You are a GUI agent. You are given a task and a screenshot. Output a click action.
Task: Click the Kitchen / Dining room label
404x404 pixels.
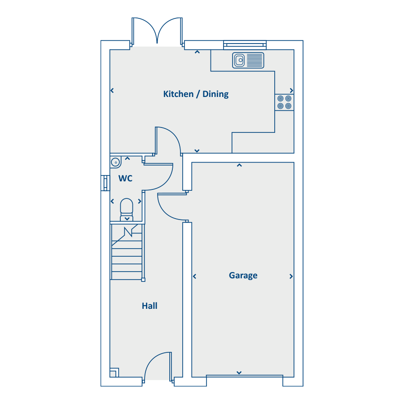(x=196, y=94)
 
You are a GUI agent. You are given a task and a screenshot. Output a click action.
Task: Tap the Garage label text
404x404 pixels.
(x=243, y=276)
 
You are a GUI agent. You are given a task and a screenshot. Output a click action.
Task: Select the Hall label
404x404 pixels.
(x=149, y=306)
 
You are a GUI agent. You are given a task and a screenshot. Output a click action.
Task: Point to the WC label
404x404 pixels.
(x=126, y=178)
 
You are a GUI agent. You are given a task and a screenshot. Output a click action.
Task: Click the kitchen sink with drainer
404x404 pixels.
(x=248, y=60)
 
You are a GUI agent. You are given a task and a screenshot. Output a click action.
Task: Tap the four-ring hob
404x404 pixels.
(x=285, y=102)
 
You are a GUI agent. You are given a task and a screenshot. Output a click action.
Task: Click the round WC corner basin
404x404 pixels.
(x=116, y=162)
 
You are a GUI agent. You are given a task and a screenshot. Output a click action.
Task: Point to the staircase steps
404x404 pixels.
(x=127, y=252)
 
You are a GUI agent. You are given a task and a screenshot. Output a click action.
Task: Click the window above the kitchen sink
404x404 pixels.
(x=245, y=45)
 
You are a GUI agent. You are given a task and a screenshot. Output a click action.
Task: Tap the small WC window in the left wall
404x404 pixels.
(x=105, y=183)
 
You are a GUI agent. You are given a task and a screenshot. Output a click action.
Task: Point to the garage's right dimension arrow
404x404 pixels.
(x=291, y=277)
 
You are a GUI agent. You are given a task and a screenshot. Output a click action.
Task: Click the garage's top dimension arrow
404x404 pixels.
(x=239, y=165)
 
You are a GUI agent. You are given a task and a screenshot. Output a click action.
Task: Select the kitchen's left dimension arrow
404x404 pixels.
(x=112, y=90)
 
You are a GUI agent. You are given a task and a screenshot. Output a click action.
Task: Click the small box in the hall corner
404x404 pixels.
(x=114, y=373)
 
